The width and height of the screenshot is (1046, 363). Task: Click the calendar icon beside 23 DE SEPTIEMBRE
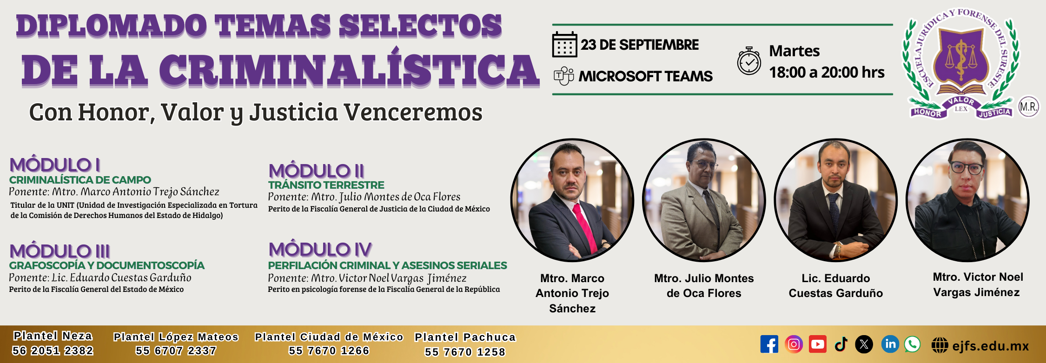click(564, 45)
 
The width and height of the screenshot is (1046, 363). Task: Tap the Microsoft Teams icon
click(564, 76)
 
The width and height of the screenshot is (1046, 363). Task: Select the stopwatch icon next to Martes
click(749, 61)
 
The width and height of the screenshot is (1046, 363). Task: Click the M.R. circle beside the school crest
click(1028, 107)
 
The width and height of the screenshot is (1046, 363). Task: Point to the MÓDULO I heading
click(55, 165)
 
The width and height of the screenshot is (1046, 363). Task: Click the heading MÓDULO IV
click(320, 250)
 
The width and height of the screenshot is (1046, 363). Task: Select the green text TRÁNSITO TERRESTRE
click(326, 185)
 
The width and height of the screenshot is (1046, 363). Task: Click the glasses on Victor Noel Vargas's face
click(967, 168)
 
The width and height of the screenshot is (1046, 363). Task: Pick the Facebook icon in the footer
click(769, 344)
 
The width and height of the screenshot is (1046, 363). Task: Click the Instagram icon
click(794, 344)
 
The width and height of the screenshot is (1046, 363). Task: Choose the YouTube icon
click(818, 344)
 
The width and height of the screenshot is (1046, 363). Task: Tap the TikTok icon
click(841, 344)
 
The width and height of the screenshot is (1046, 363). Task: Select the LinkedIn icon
click(890, 344)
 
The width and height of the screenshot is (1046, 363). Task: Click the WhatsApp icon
click(912, 344)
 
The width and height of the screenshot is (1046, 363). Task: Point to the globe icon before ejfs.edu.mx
click(940, 345)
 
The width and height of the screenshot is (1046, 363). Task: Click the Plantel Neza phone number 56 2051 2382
click(53, 350)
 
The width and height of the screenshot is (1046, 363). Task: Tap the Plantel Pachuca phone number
click(465, 352)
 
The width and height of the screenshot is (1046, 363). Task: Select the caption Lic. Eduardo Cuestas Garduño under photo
click(836, 285)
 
